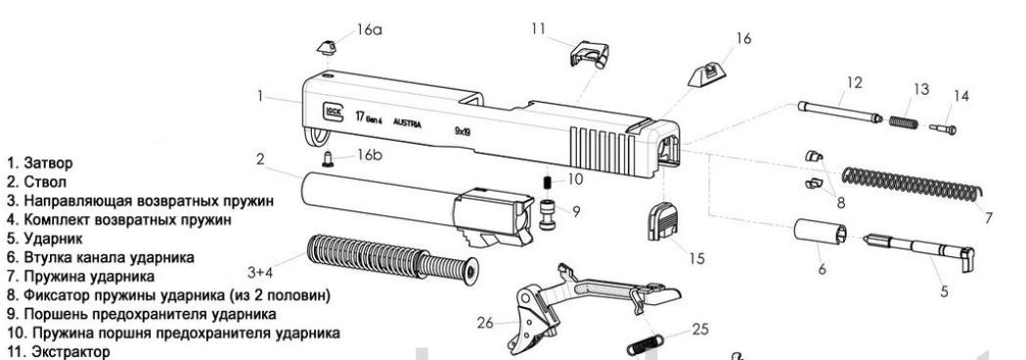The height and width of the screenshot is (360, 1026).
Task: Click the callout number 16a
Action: (x=369, y=30)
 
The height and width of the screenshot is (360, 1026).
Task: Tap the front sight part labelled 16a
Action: (x=327, y=48)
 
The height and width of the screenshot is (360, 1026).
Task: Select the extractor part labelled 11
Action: (x=590, y=54)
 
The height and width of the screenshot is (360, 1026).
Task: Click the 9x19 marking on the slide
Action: (x=463, y=131)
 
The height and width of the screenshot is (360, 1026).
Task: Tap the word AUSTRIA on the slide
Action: (x=407, y=123)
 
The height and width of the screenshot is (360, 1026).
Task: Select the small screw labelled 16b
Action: (x=330, y=158)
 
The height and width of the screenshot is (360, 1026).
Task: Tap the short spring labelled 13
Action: (x=905, y=121)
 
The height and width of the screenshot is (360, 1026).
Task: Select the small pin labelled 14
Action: (x=943, y=128)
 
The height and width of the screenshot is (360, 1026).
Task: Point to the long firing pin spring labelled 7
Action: (x=911, y=185)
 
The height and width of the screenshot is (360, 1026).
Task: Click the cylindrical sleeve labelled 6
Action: (x=821, y=232)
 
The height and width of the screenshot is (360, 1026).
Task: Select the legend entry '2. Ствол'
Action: (x=36, y=182)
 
